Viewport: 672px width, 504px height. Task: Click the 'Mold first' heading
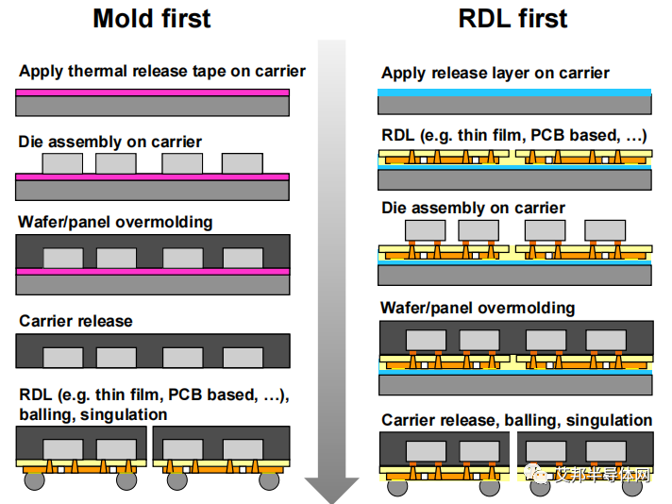151,18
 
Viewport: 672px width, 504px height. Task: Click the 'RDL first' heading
514,18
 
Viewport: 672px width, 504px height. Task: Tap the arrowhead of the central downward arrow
331,490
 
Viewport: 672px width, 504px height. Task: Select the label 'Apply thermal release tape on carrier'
162,71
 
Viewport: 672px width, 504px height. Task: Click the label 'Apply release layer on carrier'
496,73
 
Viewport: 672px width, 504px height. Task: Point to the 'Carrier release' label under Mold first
76,321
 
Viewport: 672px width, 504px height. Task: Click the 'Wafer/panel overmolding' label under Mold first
115,222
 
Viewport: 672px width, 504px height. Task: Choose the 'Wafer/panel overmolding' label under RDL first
478,308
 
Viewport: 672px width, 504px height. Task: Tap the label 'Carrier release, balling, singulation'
516,420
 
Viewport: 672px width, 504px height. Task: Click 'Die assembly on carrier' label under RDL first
473,208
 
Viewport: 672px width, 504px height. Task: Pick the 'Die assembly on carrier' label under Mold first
110,142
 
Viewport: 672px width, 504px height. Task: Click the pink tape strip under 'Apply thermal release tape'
152,92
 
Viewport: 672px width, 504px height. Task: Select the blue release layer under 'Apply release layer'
514,92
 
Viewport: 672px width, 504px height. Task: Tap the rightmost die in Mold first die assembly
242,163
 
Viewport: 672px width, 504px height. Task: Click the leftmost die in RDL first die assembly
425,229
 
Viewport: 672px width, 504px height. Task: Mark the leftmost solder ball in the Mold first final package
34,480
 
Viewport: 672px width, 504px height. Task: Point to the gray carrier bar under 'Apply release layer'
514,104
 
